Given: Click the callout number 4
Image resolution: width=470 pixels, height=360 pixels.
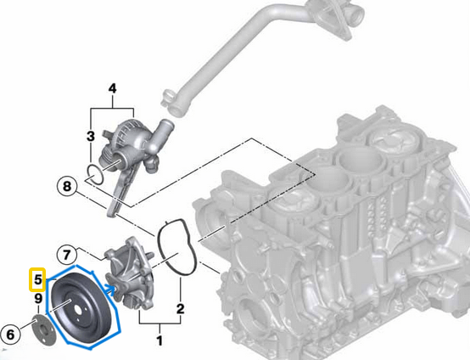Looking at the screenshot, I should (113, 87).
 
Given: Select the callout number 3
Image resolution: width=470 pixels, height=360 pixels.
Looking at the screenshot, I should (90, 136).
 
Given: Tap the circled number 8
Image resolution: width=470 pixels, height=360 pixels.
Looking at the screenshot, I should (67, 185).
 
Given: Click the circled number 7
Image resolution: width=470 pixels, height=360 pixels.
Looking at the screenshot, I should (67, 254).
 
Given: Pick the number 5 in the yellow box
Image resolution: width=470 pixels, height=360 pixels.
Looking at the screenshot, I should (37, 278).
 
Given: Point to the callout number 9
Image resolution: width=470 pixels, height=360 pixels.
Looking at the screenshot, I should (37, 298).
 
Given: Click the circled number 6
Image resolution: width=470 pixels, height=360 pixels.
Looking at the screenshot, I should (11, 335).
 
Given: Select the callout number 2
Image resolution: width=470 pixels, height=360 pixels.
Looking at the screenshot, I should (180, 308).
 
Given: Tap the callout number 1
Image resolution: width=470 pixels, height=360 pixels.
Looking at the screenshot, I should (157, 341).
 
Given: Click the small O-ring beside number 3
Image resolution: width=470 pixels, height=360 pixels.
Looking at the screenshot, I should (97, 177).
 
